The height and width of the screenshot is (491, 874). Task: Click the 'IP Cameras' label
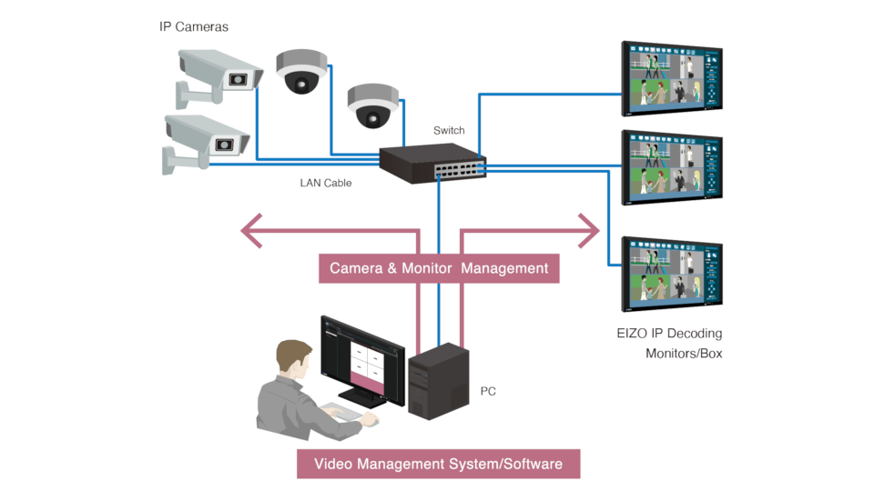click(x=194, y=27)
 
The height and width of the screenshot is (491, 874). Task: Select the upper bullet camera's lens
click(x=239, y=79)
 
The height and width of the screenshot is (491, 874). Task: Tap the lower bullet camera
click(x=205, y=141)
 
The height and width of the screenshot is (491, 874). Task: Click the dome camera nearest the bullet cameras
click(x=300, y=73)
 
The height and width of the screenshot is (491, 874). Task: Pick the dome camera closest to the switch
click(x=372, y=105)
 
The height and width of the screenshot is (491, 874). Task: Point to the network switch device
click(x=432, y=164)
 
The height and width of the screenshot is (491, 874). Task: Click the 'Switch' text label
click(x=448, y=130)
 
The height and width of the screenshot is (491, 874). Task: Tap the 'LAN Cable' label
click(x=326, y=183)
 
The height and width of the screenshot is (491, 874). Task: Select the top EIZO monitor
click(x=671, y=79)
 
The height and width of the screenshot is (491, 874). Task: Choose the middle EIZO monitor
click(x=671, y=169)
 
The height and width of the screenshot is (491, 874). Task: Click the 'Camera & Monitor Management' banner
click(x=439, y=268)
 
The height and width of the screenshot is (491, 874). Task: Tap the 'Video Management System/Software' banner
click(x=439, y=464)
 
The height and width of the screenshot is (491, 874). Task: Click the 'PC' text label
click(x=488, y=391)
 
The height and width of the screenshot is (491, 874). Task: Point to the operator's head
click(x=294, y=361)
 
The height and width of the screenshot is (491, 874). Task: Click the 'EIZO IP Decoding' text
click(x=669, y=334)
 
